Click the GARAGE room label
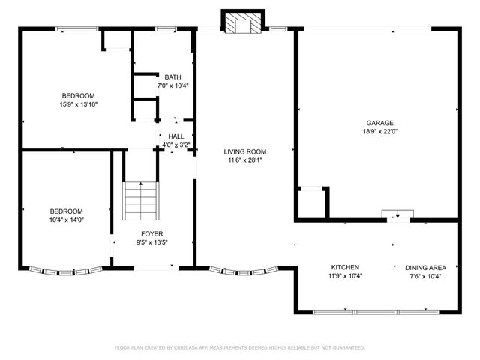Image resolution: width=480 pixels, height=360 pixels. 379,123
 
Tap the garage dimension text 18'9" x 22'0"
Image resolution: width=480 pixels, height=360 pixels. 379,131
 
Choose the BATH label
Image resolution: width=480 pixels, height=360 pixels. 172,76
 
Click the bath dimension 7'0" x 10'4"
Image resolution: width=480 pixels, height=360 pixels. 172,85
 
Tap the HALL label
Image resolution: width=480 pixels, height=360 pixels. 176,136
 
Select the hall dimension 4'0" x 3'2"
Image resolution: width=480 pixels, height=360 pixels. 176,145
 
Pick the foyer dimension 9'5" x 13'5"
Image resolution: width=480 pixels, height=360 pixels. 151,242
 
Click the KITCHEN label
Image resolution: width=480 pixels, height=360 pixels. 346,268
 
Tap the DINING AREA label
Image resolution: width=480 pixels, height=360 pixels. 425,268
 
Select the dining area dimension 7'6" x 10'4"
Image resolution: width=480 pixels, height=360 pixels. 425,276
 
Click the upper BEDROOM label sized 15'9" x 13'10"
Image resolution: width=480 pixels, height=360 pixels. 78,95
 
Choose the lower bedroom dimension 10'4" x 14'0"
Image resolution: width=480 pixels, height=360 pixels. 66,220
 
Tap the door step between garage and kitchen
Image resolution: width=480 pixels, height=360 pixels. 397,215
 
